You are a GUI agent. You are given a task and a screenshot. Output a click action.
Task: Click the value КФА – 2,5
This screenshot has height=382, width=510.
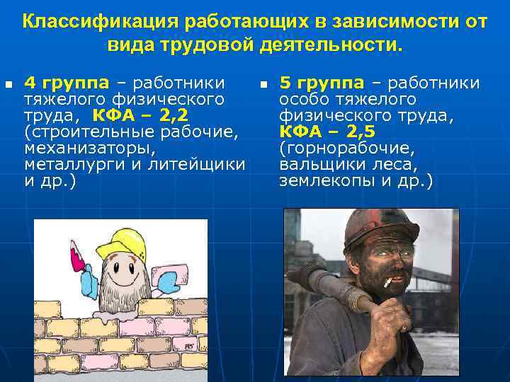click(x=327, y=132)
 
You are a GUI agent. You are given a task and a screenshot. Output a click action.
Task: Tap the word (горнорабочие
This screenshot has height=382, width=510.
click(x=347, y=149)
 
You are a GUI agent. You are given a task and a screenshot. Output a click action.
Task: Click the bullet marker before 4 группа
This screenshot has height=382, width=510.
click(x=8, y=84)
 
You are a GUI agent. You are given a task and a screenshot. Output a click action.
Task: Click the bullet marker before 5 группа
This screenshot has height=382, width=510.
click(x=263, y=84)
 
